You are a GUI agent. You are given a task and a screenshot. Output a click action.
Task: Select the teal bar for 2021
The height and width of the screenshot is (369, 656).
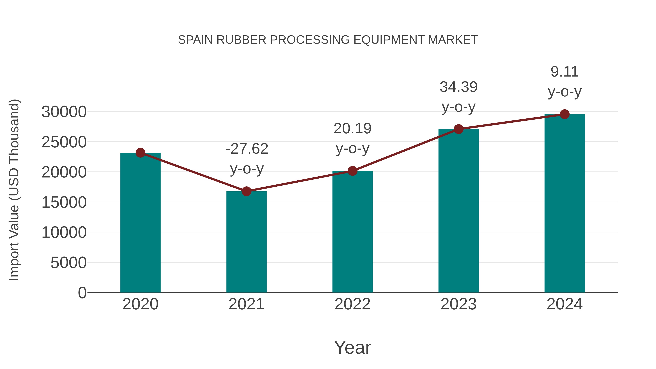[x=246, y=242]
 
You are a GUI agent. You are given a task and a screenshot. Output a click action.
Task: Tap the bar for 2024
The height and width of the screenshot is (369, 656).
[x=564, y=204]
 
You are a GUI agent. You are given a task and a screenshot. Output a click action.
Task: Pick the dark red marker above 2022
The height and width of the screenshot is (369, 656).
[x=352, y=171]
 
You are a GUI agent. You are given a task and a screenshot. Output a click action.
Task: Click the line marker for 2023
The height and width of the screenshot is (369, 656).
[x=458, y=129]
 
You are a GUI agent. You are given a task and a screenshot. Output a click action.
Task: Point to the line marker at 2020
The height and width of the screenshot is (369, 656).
[x=140, y=153]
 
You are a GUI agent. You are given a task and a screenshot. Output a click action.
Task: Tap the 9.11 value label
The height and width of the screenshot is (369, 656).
[x=564, y=72]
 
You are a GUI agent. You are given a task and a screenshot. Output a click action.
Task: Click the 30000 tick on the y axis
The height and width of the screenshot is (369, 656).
[x=64, y=112]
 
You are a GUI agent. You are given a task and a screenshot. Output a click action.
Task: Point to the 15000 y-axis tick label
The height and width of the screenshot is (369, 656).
[x=64, y=202]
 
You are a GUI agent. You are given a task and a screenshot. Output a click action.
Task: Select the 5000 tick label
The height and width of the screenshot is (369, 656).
[x=69, y=263]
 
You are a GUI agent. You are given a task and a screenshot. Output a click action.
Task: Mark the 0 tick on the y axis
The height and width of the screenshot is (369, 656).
[x=82, y=293]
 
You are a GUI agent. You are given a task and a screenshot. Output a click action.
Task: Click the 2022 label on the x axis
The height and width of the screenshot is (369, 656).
[x=352, y=304]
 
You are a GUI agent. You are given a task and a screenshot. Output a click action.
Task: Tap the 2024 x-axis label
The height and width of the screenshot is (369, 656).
[x=564, y=304]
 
